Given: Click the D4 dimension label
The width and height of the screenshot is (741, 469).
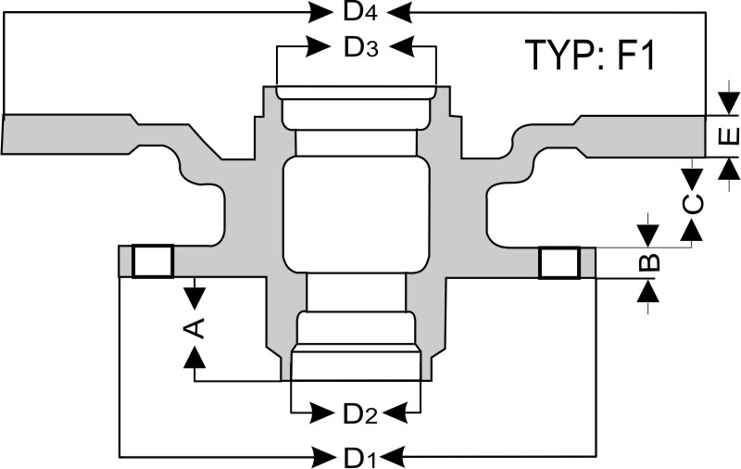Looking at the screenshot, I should point(361,12).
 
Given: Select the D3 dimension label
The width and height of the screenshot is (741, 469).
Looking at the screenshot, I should point(361,47).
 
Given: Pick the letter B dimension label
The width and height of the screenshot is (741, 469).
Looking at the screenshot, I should point(650,260).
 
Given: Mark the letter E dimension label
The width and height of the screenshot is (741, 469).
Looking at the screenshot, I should point(729,136).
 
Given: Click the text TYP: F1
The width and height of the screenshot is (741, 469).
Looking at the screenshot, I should point(590,56).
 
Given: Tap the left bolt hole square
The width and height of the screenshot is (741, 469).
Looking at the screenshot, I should point(153,261).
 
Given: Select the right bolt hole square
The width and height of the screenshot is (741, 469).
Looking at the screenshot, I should point(560,262).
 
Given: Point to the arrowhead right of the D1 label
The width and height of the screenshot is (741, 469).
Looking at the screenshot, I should point(393,455).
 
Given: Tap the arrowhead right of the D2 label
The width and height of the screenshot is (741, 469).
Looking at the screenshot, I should point(395,412).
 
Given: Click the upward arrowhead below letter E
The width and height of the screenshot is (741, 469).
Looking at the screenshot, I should point(730,170).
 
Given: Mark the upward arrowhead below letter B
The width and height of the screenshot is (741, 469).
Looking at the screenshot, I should point(649,290).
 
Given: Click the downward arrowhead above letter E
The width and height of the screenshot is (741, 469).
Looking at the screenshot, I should point(730,101).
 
